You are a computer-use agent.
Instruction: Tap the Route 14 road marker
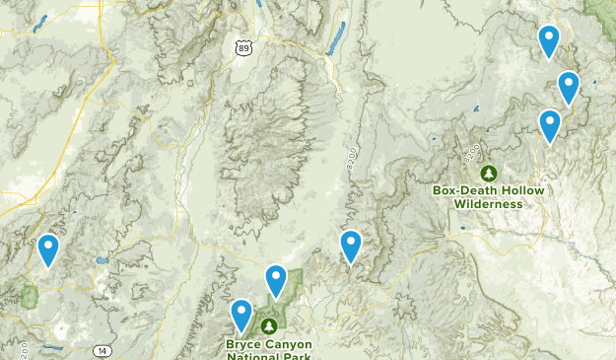point(103,350)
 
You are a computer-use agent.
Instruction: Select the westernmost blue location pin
point(48,251)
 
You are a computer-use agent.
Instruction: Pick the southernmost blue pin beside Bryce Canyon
point(241,316)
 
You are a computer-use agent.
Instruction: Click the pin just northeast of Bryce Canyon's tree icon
point(277,281)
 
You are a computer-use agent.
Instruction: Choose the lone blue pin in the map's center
point(351,246)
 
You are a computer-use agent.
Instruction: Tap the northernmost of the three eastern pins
point(549,41)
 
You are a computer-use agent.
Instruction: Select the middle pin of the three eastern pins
point(568,87)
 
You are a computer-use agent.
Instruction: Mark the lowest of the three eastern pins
point(550,125)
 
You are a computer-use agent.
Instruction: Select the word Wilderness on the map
point(489,204)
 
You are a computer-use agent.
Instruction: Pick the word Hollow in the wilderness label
point(523,190)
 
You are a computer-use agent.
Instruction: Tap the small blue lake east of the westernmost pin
point(101,261)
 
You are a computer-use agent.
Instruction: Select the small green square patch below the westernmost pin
point(30,295)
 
